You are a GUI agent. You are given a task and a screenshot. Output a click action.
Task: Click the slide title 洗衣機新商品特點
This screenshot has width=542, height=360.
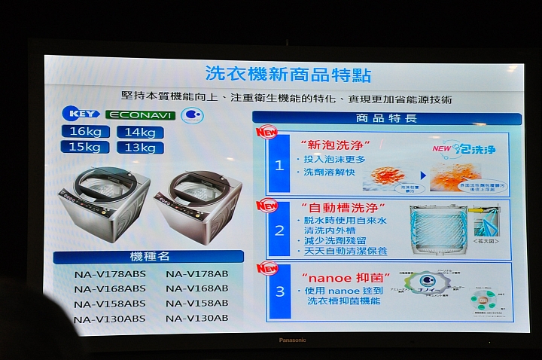click(x=288, y=74)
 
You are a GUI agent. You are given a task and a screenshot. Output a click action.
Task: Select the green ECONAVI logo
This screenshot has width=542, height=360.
click(x=141, y=115)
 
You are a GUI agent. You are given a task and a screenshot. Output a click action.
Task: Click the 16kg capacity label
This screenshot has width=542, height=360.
click(x=84, y=132)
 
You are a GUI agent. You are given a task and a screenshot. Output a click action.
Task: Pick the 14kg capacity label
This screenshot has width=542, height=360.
click(x=140, y=133)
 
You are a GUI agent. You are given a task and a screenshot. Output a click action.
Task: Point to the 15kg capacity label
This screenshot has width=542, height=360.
click(x=84, y=147)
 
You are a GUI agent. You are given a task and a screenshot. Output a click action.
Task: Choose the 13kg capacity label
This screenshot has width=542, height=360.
click(x=140, y=148)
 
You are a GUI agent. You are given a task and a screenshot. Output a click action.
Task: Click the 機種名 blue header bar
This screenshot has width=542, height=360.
click(x=148, y=257)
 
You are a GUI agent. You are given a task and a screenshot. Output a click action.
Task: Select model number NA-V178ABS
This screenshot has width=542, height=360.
click(x=110, y=273)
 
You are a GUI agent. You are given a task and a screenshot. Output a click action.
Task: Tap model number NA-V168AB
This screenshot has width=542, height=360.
click(x=197, y=288)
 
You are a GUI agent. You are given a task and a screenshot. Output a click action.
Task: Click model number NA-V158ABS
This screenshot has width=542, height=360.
click(x=110, y=304)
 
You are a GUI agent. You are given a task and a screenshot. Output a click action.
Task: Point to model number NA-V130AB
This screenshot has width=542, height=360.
click(x=197, y=319)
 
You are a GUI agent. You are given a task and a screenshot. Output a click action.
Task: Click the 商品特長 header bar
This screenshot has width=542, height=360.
click(x=386, y=118)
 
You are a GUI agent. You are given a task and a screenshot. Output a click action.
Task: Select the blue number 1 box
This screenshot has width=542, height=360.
click(x=279, y=165)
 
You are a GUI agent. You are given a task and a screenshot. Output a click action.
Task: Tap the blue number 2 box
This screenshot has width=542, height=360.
click(x=279, y=230)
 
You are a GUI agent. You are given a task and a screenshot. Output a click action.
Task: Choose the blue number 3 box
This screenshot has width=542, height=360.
click(x=279, y=291)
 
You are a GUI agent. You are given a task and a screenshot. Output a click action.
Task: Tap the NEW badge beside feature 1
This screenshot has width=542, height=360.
click(x=267, y=133)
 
